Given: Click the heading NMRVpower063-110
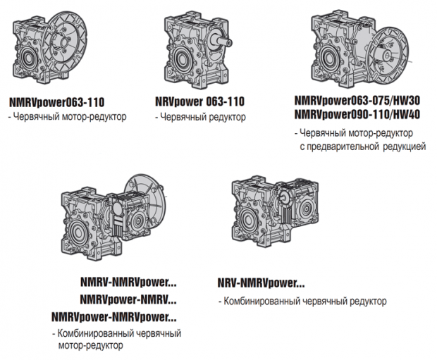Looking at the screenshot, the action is click(x=57, y=102).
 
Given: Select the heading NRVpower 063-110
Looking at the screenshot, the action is click(x=200, y=101).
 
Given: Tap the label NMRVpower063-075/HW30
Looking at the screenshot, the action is click(x=357, y=100).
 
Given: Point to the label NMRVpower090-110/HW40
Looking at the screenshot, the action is click(x=357, y=114).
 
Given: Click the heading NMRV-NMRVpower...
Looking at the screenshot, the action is click(x=128, y=282).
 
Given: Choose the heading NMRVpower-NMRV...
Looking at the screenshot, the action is click(x=128, y=299).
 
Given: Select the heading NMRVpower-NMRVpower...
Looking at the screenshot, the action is click(x=114, y=317).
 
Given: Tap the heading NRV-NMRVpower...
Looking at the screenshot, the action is click(x=261, y=283).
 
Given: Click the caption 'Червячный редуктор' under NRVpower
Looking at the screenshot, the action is click(x=203, y=117).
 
